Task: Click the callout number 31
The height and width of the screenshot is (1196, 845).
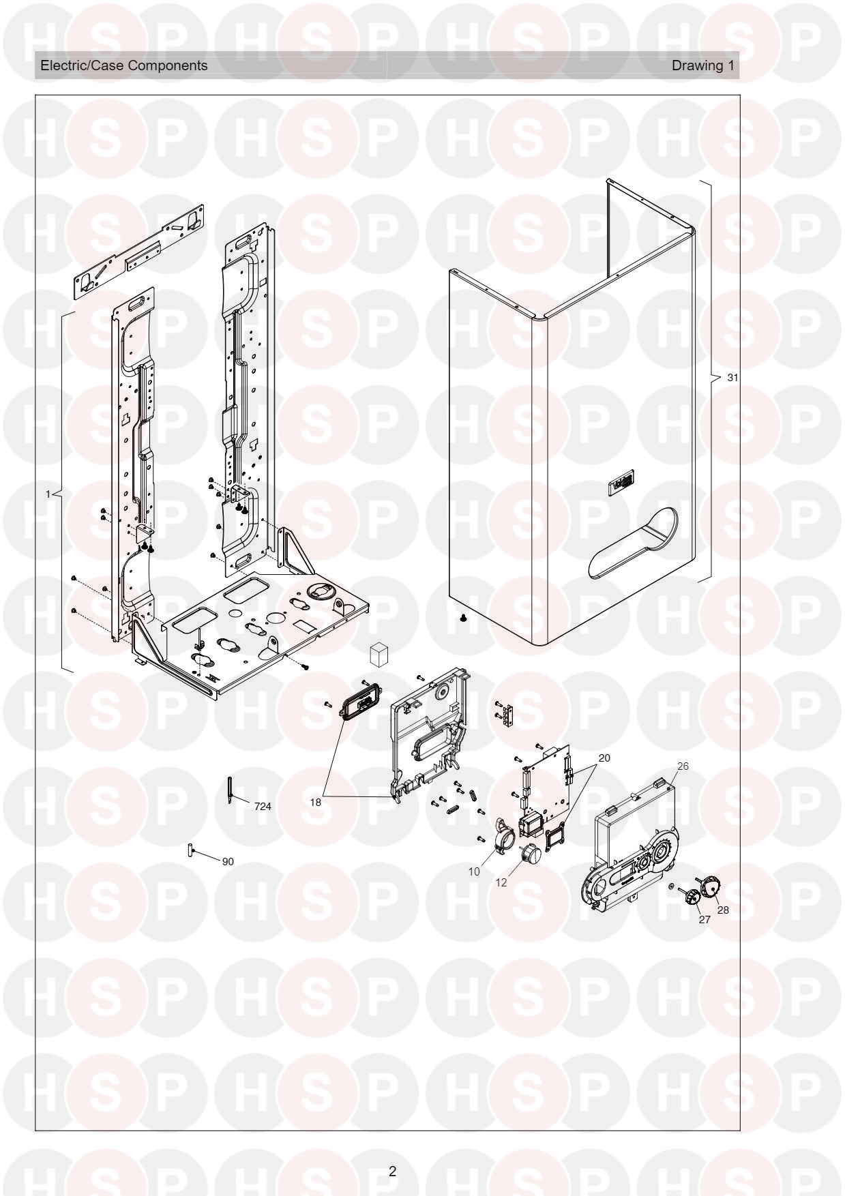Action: (732, 377)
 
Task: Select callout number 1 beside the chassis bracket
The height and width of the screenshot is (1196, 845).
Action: (48, 494)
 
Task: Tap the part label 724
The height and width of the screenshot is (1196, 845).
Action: (263, 807)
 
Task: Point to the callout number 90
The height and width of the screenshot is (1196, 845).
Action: (228, 862)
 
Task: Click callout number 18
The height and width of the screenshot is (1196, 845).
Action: (315, 803)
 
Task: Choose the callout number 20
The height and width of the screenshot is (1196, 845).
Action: (604, 758)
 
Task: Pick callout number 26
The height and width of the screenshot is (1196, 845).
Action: (683, 766)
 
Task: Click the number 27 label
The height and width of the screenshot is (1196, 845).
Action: (705, 919)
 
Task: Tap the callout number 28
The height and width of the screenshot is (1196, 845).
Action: (723, 910)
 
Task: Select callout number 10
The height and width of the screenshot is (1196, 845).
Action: (474, 871)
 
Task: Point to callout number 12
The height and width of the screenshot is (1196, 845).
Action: (501, 882)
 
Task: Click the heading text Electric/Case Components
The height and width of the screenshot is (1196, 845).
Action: (124, 65)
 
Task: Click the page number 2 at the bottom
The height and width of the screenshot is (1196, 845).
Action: (392, 1171)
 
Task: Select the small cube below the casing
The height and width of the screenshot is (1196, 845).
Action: (379, 654)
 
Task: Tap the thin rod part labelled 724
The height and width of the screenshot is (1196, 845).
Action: (230, 790)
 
